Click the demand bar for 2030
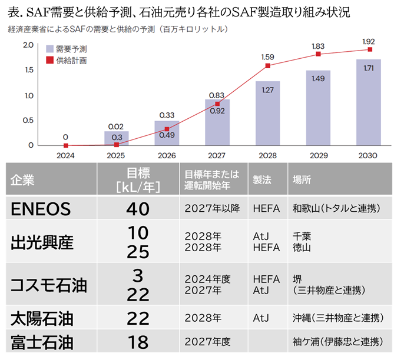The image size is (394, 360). coord(369,103)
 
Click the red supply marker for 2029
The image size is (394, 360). coord(319,54)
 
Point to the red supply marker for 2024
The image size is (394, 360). coord(65,145)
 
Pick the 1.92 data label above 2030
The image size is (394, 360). coord(369,42)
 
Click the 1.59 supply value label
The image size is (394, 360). coord(268,58)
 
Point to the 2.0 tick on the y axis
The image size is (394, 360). coord(28,45)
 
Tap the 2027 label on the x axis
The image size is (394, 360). coord(217,155)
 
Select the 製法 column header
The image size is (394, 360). coord(261,180)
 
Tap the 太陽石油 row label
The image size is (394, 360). coord(42,319)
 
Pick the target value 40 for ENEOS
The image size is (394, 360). coord(137,209)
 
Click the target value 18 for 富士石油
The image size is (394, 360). coord(137,341)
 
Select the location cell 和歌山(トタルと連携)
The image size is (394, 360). coord(336,208)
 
